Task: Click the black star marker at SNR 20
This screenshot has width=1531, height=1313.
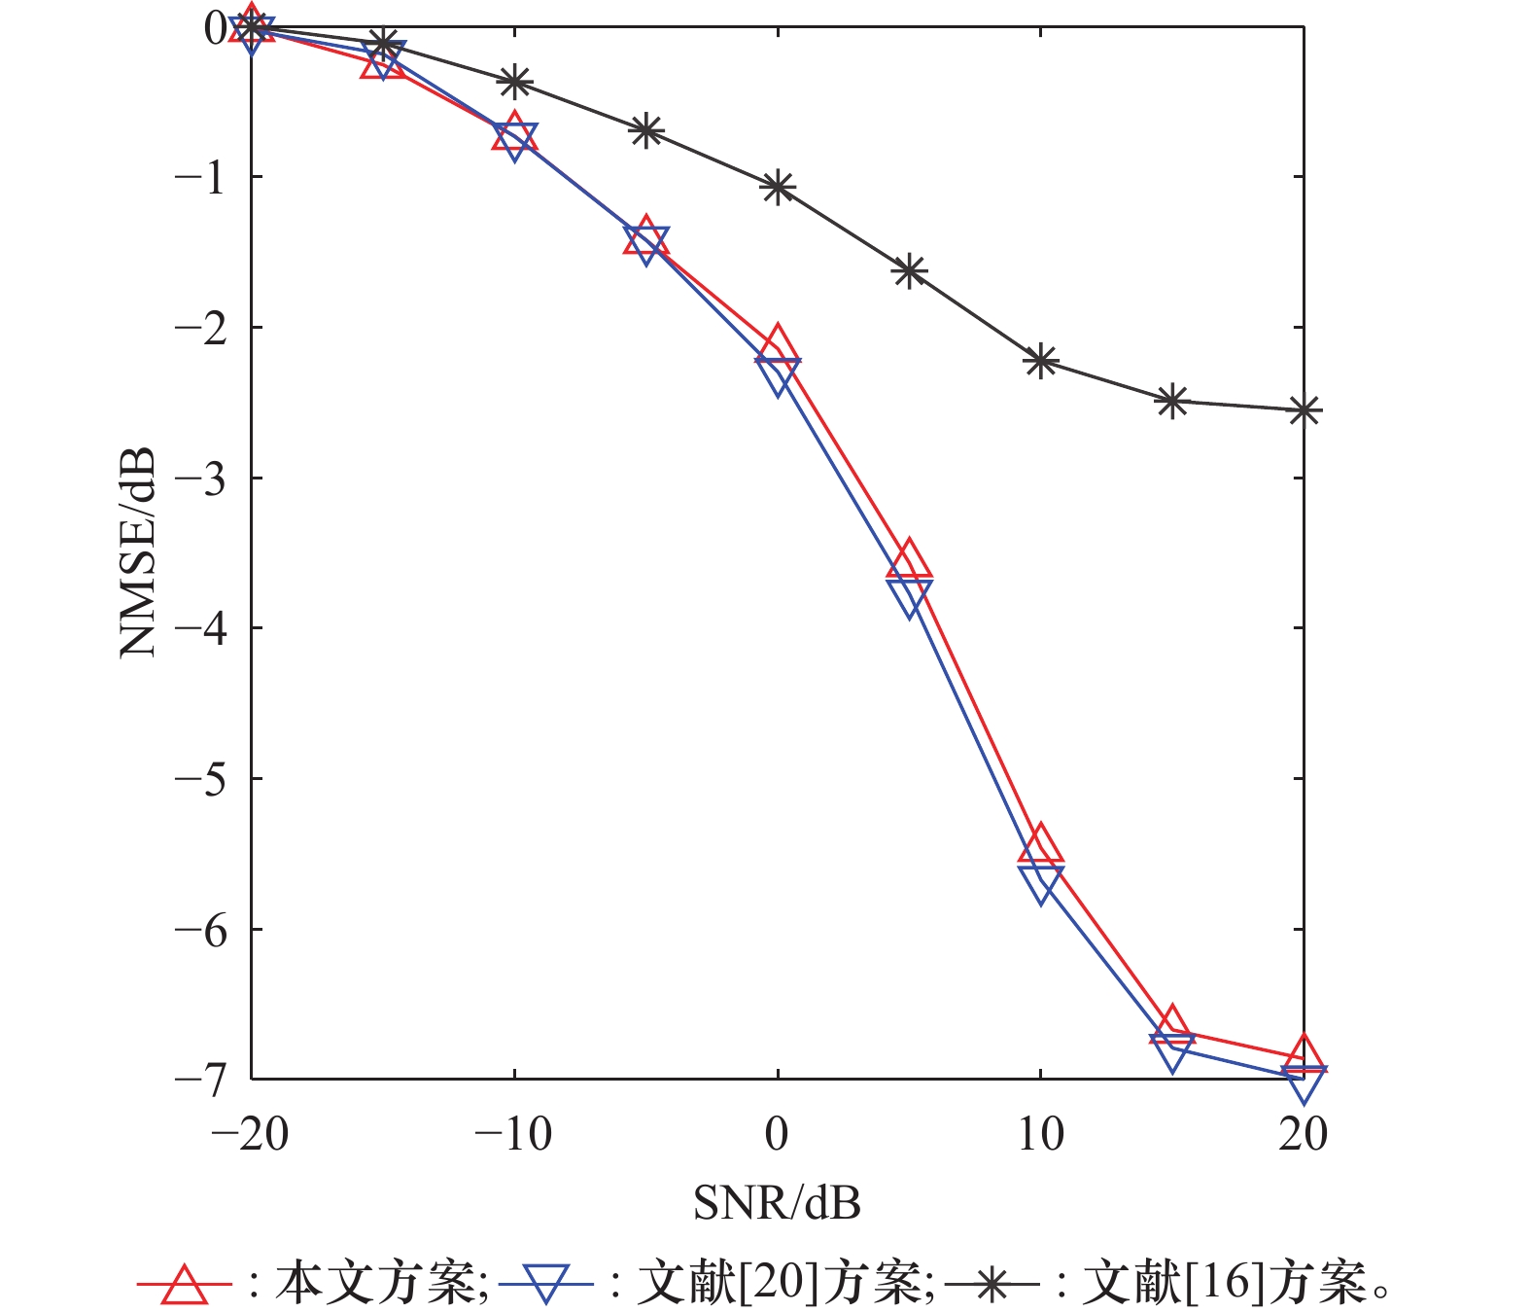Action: [1304, 410]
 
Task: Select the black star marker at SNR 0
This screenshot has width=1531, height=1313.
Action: [778, 187]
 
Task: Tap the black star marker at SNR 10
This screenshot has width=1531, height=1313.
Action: [1041, 361]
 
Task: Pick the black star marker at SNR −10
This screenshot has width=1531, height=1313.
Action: [514, 82]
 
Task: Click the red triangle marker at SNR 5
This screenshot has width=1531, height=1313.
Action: [909, 563]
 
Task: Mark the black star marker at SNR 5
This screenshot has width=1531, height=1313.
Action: [909, 270]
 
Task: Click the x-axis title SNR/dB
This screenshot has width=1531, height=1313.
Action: [777, 1203]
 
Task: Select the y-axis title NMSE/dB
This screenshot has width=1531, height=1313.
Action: [137, 551]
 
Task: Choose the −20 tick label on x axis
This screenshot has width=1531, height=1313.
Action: [251, 1134]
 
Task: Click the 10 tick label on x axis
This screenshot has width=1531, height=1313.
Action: [1041, 1134]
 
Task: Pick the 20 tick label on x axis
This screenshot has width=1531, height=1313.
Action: [1304, 1134]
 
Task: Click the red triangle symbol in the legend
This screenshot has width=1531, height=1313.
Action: [184, 1284]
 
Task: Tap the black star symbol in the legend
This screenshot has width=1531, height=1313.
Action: [991, 1285]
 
